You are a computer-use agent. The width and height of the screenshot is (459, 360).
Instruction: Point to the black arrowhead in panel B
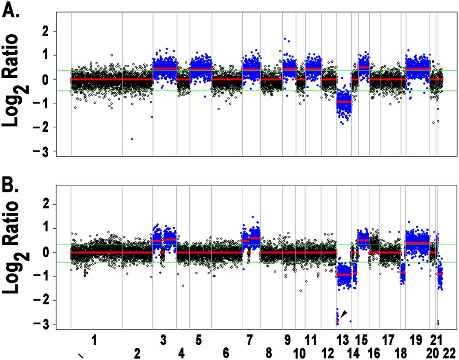point(343,314)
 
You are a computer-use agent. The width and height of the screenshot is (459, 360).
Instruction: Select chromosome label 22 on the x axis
point(449,354)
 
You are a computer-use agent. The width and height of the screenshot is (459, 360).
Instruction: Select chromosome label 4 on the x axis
point(181,354)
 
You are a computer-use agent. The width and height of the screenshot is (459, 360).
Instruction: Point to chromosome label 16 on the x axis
point(373,354)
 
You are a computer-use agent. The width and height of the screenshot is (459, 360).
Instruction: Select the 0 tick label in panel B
point(47,252)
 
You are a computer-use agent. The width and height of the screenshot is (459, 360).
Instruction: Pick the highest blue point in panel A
point(285,39)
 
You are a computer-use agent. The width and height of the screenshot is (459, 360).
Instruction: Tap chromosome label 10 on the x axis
point(299,354)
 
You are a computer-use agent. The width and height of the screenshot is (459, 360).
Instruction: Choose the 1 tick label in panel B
point(47,228)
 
